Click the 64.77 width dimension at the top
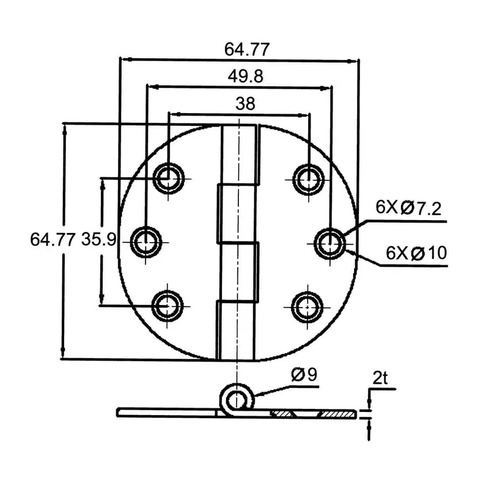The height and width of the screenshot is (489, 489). (x=238, y=49)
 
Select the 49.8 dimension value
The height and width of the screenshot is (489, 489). (x=238, y=76)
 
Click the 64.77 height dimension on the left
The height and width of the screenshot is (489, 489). (x=53, y=240)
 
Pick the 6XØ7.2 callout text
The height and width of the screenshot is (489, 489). (x=408, y=208)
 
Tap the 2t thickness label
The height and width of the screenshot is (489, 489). (x=380, y=379)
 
